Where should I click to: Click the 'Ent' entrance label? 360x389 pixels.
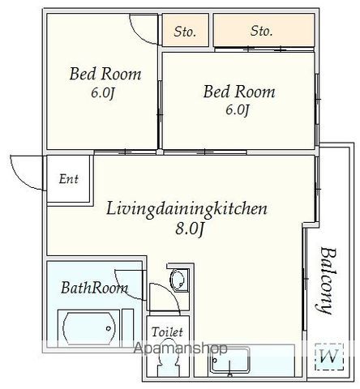(69, 179)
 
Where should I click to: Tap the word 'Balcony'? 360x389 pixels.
(328, 280)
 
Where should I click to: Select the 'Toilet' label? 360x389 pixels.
(167, 331)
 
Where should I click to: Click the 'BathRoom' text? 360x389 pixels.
(94, 288)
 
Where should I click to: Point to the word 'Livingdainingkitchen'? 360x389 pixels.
(186, 209)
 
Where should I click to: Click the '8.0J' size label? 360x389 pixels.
(190, 229)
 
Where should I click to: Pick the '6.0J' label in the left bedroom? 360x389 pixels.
(103, 93)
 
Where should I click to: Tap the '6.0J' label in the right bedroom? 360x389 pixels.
(238, 110)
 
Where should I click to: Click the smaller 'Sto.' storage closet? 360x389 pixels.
(186, 30)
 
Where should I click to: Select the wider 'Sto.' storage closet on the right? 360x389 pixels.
(264, 30)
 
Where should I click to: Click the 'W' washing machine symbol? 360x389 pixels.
(329, 357)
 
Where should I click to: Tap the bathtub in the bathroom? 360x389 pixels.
(88, 327)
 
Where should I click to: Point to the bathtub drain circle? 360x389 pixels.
(109, 328)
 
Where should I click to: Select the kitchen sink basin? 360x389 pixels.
(230, 359)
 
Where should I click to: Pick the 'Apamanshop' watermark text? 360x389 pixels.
(181, 348)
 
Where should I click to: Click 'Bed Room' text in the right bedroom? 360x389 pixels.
(239, 92)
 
